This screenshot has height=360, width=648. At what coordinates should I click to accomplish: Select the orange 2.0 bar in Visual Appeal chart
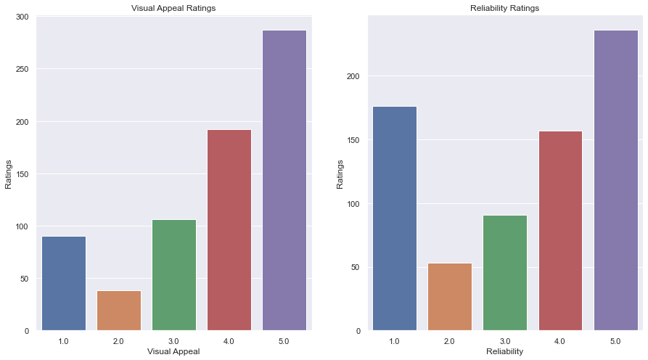[x=119, y=311]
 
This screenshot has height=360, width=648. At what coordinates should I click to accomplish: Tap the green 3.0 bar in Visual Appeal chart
[x=174, y=275]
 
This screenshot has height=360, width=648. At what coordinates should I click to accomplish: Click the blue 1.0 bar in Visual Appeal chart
[x=64, y=283]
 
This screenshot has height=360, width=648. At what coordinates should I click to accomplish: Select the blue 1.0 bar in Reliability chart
[x=395, y=218]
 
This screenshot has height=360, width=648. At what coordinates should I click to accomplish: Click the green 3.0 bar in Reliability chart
[x=505, y=273]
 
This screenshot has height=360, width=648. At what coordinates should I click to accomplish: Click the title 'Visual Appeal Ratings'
[x=173, y=9]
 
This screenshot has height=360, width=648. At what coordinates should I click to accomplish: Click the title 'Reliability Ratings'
[x=504, y=9]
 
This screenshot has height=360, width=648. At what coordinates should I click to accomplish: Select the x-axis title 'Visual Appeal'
[x=173, y=352]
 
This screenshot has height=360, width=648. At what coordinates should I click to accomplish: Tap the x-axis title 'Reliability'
[x=504, y=352]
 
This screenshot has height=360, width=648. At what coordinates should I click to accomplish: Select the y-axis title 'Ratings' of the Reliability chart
[x=340, y=173]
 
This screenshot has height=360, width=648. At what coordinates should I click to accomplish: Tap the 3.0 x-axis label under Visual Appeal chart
[x=174, y=340]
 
